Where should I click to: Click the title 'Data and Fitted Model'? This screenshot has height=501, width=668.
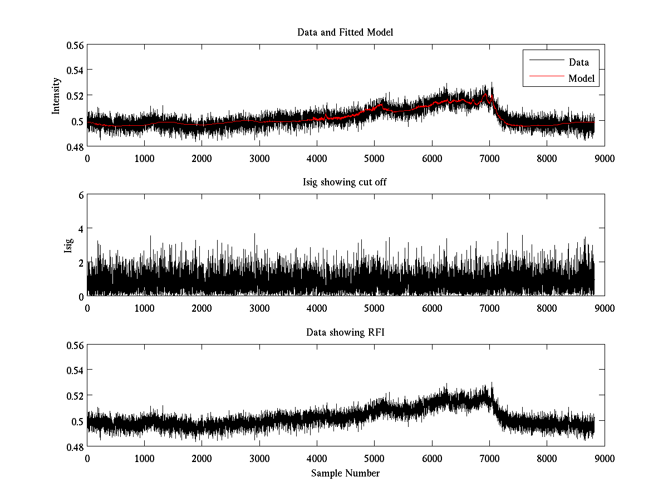point(345,32)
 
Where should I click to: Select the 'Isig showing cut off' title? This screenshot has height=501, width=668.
point(345,183)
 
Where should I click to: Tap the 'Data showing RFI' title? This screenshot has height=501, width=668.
point(345,332)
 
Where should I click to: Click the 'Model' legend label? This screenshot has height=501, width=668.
point(582,78)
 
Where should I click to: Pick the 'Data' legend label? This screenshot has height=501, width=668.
point(579,62)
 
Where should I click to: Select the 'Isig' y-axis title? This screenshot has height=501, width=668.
point(68,245)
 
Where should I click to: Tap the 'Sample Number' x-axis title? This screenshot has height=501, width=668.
point(345,473)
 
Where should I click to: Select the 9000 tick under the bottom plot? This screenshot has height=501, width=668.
point(604,459)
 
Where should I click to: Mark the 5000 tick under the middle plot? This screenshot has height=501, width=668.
point(374,308)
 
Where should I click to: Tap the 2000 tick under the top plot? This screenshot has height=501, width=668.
point(202,159)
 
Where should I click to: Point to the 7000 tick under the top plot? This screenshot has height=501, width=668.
point(489,159)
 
